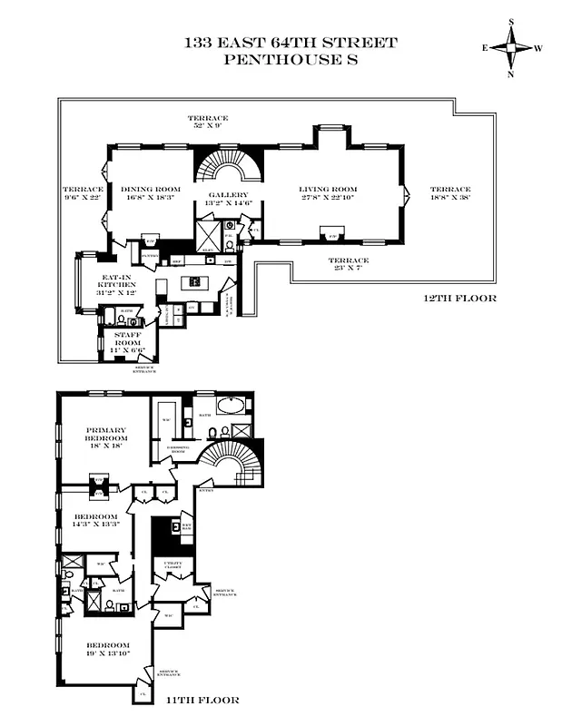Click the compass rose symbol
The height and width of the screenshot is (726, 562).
511,49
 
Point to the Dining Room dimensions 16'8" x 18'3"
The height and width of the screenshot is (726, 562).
145,199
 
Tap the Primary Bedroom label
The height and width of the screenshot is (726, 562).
105,434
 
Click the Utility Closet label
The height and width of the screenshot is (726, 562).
172,565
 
